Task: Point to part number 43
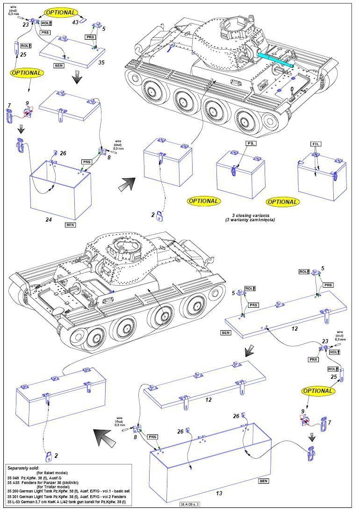(x=74, y=22)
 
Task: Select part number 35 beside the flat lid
(x=101, y=61)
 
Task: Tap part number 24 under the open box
(x=48, y=219)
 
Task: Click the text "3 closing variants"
(x=246, y=214)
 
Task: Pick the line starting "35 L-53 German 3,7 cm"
(x=70, y=502)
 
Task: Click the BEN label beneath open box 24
(x=70, y=225)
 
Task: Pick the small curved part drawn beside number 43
(x=83, y=19)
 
